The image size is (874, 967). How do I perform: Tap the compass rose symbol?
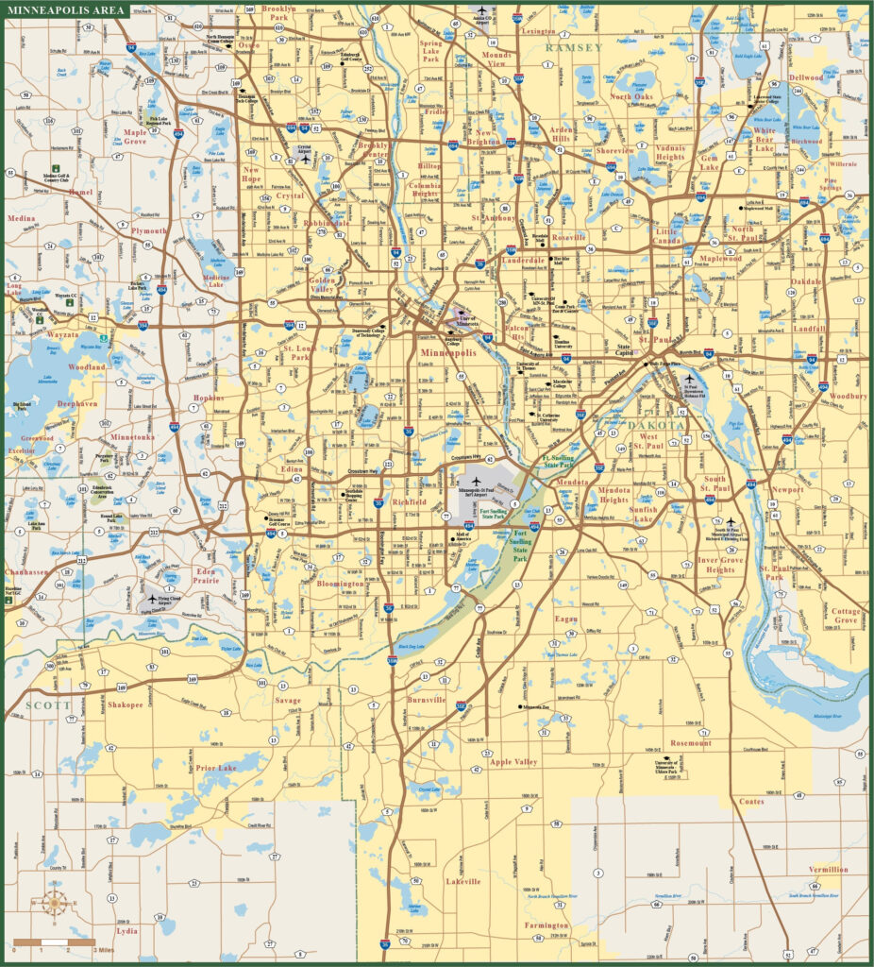pos(54,903)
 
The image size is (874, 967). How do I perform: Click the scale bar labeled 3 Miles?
pos(54,942)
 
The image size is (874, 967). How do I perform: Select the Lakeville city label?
pos(463,881)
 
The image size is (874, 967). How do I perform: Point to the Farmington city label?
pos(546,925)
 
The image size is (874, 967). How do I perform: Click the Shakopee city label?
pos(126,704)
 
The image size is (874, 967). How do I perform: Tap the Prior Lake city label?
pos(215,768)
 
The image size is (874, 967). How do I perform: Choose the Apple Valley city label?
pos(513,761)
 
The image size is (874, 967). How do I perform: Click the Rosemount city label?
pos(691,743)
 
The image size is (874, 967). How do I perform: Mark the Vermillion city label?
pos(828,869)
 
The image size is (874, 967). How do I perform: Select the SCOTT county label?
pos(42,704)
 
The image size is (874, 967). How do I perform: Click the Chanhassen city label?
pos(25,572)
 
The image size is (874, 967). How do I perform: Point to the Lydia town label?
pos(126,930)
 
